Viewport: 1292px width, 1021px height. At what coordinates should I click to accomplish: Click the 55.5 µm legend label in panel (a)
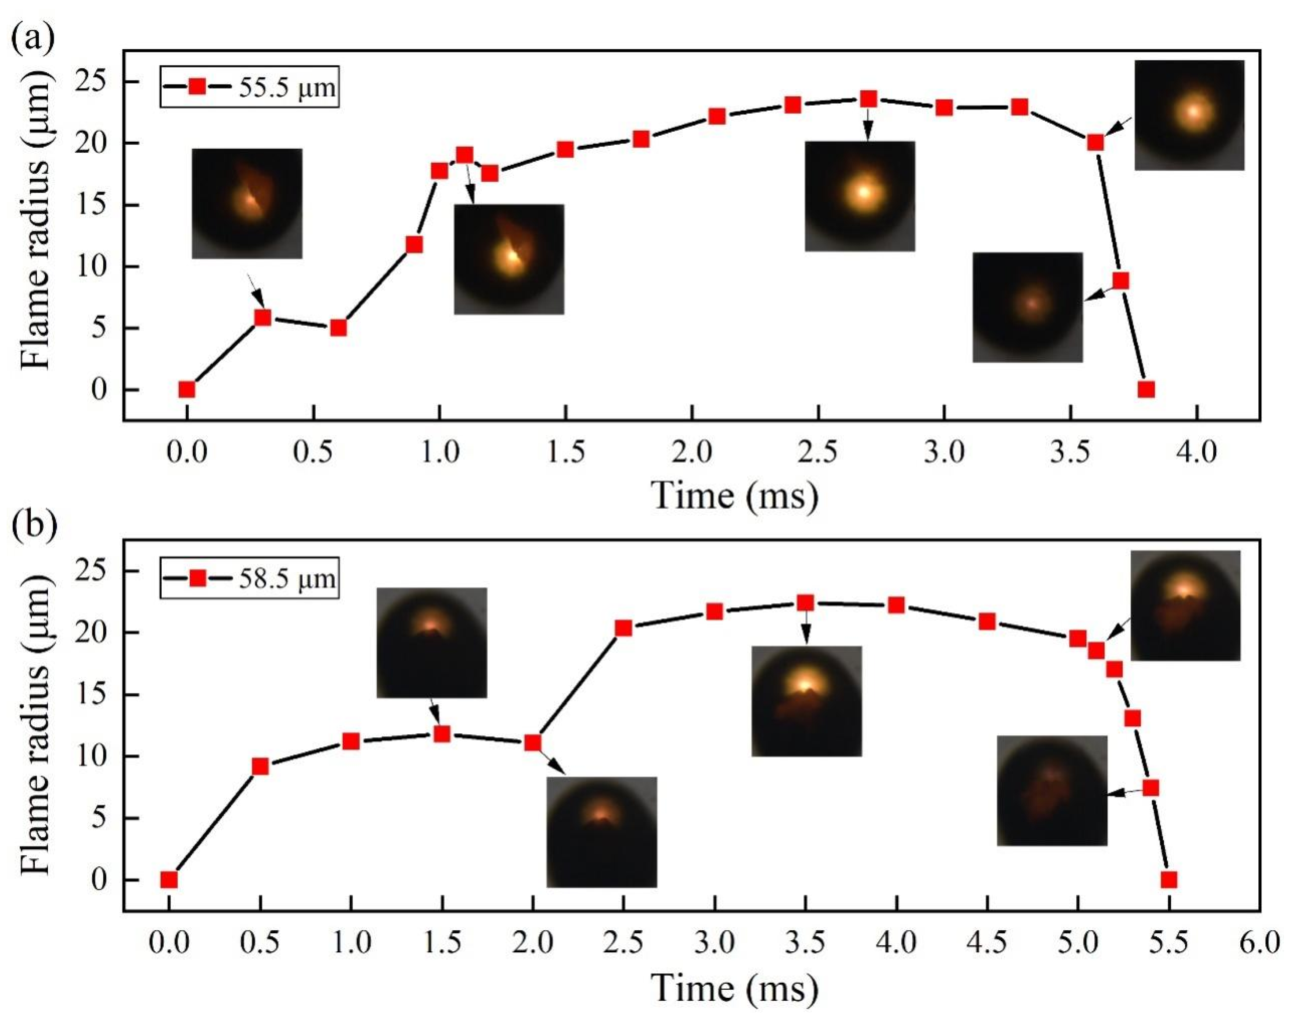pyautogui.click(x=287, y=87)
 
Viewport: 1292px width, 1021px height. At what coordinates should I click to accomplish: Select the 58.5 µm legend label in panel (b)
pyautogui.click(x=287, y=579)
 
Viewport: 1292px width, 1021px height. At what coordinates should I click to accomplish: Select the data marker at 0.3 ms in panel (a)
pyautogui.click(x=262, y=318)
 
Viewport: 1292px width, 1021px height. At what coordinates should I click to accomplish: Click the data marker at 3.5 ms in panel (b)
pyautogui.click(x=805, y=603)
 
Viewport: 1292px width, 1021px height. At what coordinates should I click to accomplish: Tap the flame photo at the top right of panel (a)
pyautogui.click(x=1189, y=115)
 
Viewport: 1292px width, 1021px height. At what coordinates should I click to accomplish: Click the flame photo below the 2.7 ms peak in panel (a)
pyautogui.click(x=859, y=196)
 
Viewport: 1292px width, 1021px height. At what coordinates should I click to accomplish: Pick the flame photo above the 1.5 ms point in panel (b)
pyautogui.click(x=432, y=643)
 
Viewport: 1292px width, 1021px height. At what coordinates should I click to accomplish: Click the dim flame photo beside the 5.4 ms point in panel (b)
pyautogui.click(x=1052, y=790)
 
